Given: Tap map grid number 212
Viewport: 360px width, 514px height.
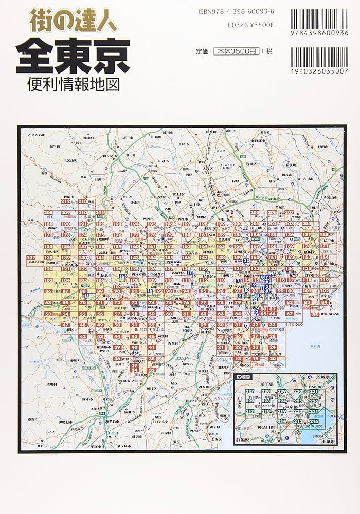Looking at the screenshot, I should (64, 201).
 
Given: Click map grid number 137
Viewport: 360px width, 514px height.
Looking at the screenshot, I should (32, 258).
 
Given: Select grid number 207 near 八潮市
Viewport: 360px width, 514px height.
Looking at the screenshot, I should (289, 213).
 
